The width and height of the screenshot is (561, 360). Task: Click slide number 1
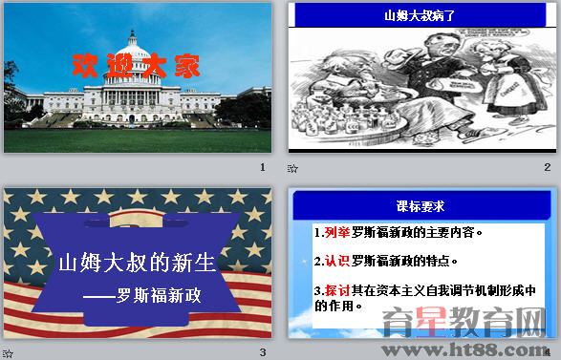pos(263,167)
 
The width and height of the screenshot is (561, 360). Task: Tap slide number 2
pos(548,167)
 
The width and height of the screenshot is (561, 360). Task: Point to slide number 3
pos(263,352)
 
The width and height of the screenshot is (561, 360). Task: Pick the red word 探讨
pos(336,289)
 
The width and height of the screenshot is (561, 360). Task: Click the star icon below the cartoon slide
pos(292,168)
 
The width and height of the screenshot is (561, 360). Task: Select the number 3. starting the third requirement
pos(318,289)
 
